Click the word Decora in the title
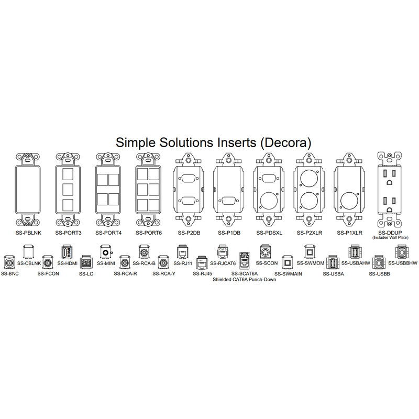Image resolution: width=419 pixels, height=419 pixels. click(285, 142)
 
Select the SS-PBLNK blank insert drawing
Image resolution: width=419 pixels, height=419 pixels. click(28, 190)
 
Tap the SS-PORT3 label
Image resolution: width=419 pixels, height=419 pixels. click(69, 233)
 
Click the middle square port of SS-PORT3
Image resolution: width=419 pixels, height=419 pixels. click(68, 190)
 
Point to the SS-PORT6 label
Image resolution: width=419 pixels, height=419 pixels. click(149, 233)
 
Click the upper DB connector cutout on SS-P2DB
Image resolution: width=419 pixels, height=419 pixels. click(189, 179)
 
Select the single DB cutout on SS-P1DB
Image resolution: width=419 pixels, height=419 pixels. click(229, 201)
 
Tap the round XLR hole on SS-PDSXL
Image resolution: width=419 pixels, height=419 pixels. click(269, 201)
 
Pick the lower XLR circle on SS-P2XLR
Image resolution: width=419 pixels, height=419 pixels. click(310, 201)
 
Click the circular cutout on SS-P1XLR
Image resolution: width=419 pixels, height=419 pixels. click(350, 201)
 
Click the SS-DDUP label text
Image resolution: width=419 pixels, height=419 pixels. click(390, 233)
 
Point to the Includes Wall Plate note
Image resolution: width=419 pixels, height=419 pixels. click(390, 238)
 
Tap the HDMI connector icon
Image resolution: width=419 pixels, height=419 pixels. click(67, 252)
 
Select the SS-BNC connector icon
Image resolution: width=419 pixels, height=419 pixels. click(9, 263)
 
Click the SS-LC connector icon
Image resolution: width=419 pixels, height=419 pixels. click(86, 263)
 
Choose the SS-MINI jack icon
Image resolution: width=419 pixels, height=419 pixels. click(106, 252)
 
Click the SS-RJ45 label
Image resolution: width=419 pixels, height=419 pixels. click(202, 273)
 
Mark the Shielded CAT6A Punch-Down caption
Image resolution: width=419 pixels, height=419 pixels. click(244, 280)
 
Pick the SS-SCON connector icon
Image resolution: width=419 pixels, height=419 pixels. click(265, 252)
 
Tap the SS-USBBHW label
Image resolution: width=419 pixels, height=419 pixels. click(403, 263)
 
